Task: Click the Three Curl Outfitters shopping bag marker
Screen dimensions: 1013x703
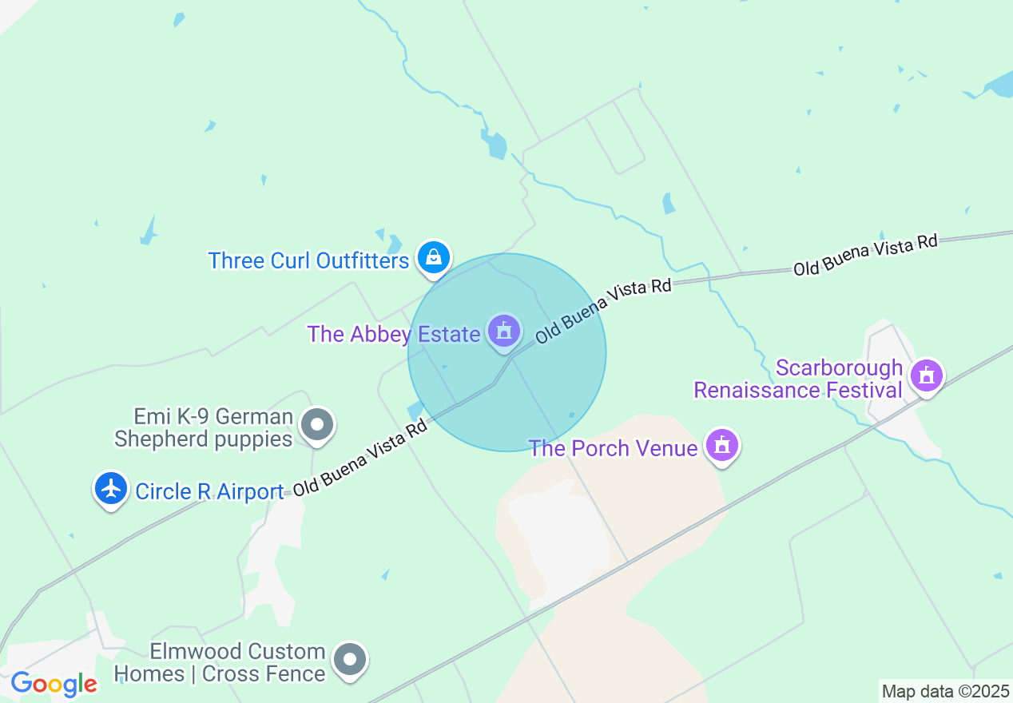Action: (x=433, y=258)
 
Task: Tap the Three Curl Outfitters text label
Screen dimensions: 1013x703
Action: (x=308, y=261)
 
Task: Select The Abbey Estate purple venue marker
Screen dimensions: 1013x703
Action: (x=504, y=331)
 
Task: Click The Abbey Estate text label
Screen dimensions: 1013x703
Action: (x=393, y=334)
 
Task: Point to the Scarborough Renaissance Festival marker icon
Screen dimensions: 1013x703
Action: (x=927, y=375)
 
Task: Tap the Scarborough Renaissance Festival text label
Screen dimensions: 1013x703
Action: (x=799, y=379)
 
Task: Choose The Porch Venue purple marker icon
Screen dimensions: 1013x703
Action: (x=722, y=446)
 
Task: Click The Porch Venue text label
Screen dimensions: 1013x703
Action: (x=613, y=448)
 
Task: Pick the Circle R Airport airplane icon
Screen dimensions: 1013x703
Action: (x=111, y=488)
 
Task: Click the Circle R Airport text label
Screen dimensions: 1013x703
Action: (x=209, y=491)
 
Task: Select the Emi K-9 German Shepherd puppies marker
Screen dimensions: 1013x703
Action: (x=317, y=424)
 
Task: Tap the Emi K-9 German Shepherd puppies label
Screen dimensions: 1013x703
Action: (x=203, y=427)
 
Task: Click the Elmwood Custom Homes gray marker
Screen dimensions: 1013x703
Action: (x=349, y=660)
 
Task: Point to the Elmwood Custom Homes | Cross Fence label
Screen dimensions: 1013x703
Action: (x=220, y=663)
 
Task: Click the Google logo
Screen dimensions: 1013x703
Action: (x=54, y=685)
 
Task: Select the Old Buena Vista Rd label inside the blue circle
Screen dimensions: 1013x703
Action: (x=603, y=311)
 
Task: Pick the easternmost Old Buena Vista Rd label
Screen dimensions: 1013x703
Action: (x=864, y=256)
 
